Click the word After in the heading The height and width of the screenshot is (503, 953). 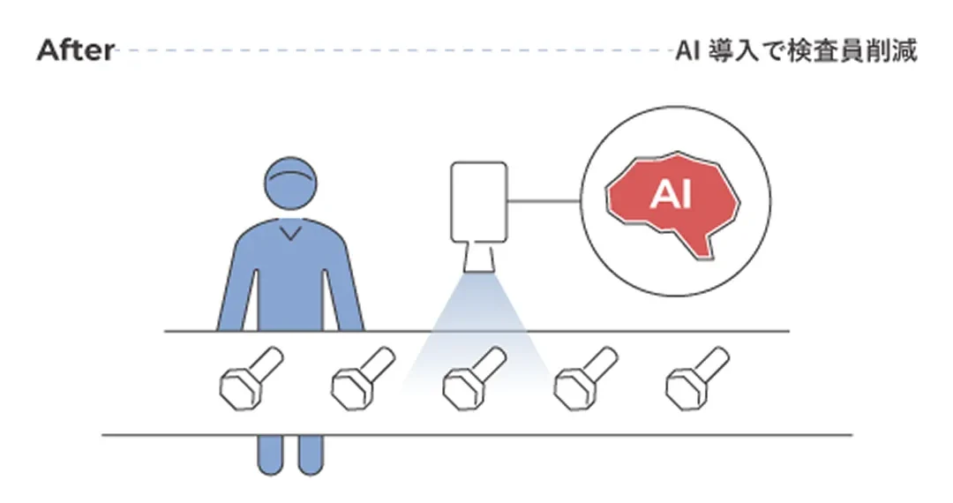point(75,50)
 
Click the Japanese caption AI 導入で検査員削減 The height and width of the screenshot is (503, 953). point(796,50)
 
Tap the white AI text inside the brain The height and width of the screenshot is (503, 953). point(671,195)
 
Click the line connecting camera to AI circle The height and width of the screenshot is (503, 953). point(543,200)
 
